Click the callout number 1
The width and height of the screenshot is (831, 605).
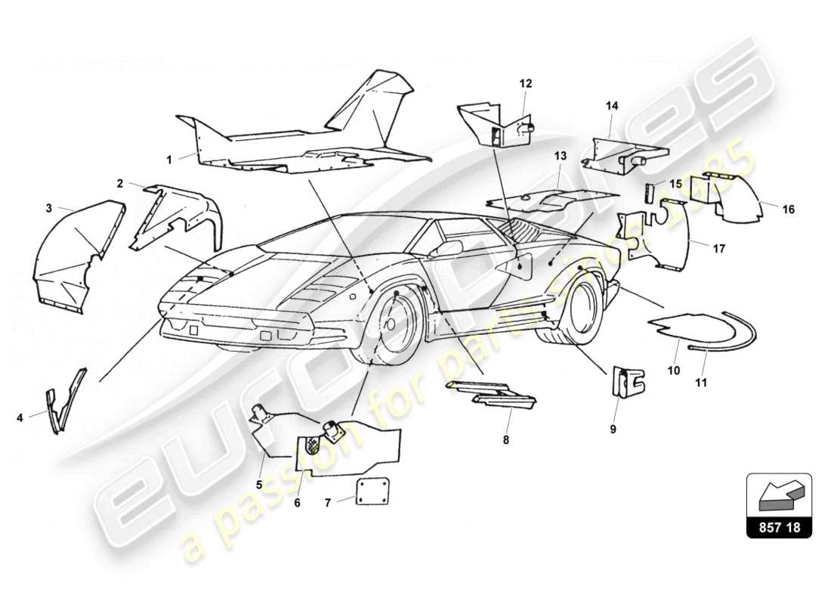[x=169, y=160]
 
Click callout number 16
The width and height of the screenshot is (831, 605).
[x=788, y=209]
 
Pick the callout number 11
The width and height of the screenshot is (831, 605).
[x=701, y=383]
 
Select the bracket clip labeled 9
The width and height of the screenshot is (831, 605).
[x=626, y=382]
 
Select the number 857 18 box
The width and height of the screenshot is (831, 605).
[x=779, y=528]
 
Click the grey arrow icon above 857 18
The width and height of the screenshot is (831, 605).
[x=778, y=495]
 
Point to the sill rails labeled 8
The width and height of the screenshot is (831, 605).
[x=491, y=393]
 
